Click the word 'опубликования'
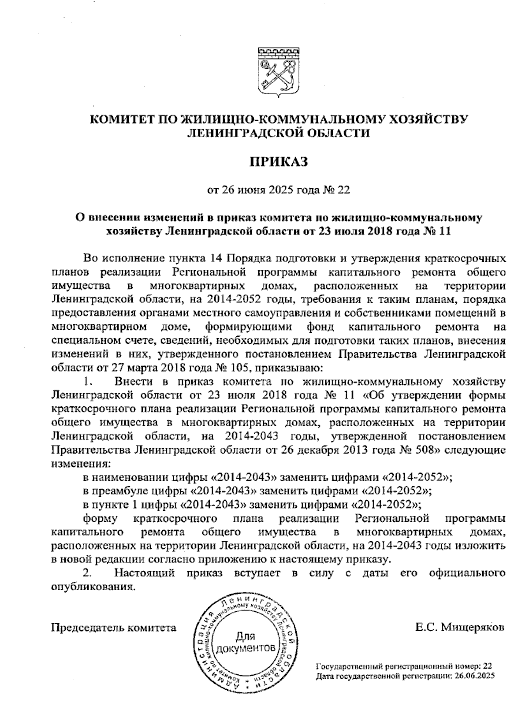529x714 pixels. pos(92,587)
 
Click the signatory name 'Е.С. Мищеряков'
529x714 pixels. pos(460,627)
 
